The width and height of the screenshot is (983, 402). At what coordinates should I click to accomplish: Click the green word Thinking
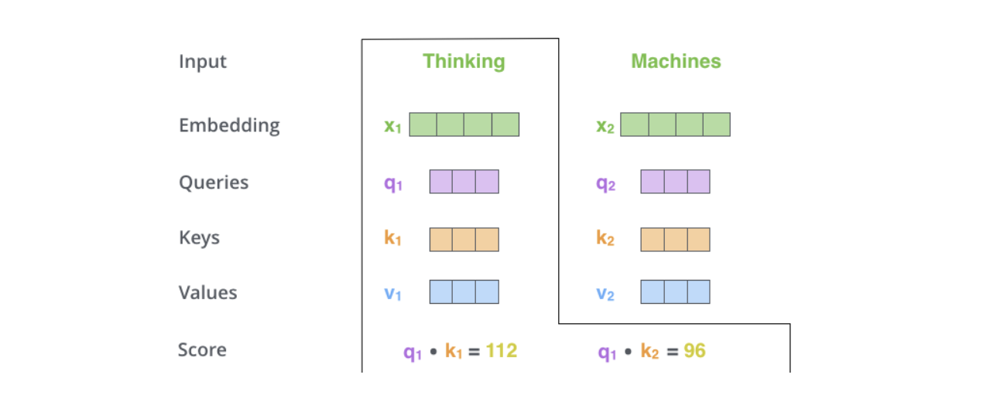[464, 62]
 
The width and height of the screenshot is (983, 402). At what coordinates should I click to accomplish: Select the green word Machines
[676, 62]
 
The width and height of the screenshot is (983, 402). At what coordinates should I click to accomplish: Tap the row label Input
[203, 62]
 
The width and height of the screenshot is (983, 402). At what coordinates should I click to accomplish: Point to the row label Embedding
[229, 125]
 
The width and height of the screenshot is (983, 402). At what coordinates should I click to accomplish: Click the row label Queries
[214, 182]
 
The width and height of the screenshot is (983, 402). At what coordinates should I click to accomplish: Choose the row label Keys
[199, 237]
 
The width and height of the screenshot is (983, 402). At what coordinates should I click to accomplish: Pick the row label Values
[207, 293]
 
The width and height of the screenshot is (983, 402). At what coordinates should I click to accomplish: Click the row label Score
[202, 349]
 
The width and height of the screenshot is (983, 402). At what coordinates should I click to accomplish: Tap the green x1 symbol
[393, 126]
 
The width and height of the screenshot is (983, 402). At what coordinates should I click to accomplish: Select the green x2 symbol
[605, 126]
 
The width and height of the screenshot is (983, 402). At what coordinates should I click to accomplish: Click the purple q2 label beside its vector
[605, 184]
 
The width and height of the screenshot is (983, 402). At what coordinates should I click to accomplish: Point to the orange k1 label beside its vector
[393, 239]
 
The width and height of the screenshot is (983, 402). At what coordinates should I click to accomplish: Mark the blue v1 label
[393, 294]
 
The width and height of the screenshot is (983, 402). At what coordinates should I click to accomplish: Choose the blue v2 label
[605, 294]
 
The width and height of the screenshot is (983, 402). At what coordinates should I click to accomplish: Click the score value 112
[502, 352]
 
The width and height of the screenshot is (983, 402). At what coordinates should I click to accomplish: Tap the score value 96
[694, 352]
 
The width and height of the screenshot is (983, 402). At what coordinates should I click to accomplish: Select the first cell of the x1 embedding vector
[423, 124]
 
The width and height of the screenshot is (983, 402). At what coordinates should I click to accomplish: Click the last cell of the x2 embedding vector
[716, 124]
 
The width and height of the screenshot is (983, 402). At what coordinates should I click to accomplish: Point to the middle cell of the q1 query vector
[464, 182]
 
